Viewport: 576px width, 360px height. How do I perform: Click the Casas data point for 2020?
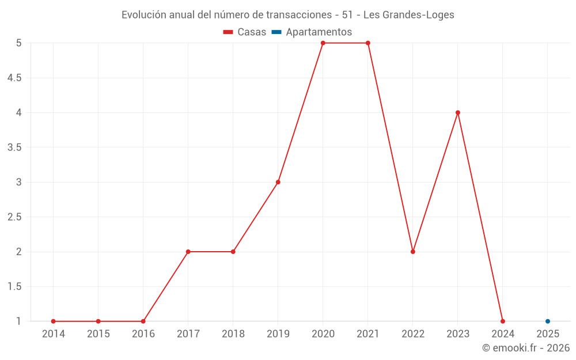pyautogui.click(x=323, y=43)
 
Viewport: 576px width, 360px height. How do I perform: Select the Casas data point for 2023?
pyautogui.click(x=458, y=112)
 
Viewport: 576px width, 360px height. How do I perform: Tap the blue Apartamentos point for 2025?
pyautogui.click(x=548, y=321)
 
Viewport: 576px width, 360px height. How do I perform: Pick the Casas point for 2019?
pyautogui.click(x=278, y=182)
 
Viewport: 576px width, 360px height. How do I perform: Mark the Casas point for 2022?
pyautogui.click(x=413, y=252)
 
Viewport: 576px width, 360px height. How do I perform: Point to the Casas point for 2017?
pyautogui.click(x=188, y=252)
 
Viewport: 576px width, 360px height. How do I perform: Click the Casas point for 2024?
pyautogui.click(x=503, y=321)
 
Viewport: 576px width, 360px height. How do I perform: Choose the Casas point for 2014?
pyautogui.click(x=54, y=321)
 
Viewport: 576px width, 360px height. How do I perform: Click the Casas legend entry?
pyautogui.click(x=245, y=32)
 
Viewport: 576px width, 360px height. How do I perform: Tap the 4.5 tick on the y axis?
pyautogui.click(x=14, y=78)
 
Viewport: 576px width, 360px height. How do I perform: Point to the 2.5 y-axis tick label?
pyautogui.click(x=14, y=217)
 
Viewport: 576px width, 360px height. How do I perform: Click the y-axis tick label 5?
pyautogui.click(x=19, y=43)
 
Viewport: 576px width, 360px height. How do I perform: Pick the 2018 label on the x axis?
pyautogui.click(x=233, y=334)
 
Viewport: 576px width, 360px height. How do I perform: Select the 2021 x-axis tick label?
pyautogui.click(x=368, y=334)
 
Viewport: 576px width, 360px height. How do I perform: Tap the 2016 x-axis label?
pyautogui.click(x=143, y=334)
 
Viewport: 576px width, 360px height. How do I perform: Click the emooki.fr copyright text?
pyautogui.click(x=526, y=348)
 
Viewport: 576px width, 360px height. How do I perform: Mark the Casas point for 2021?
pyautogui.click(x=368, y=43)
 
